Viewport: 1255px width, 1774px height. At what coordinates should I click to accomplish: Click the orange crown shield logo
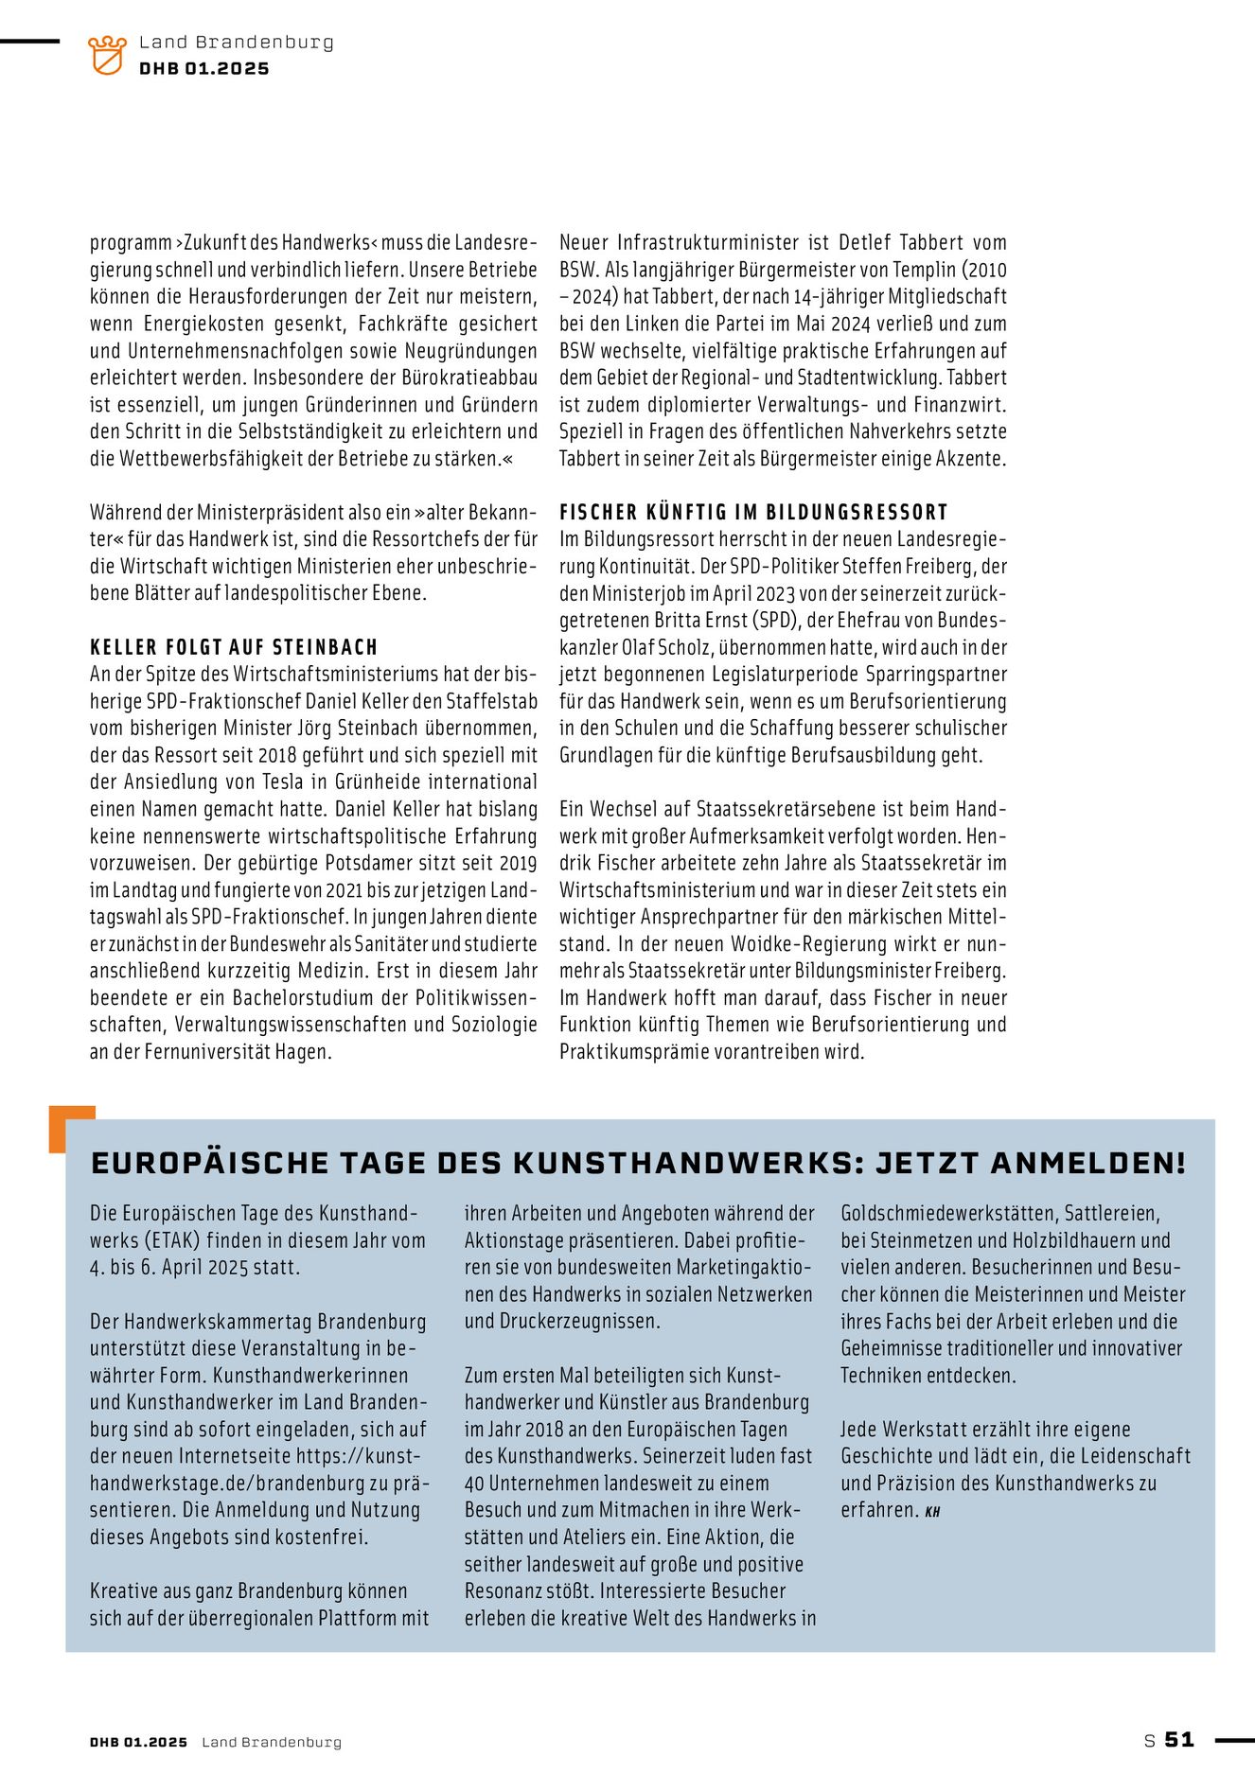pos(107,55)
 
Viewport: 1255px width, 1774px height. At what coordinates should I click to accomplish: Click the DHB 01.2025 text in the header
pos(203,69)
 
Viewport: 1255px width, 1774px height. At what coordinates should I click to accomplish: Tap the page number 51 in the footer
pos(1179,1739)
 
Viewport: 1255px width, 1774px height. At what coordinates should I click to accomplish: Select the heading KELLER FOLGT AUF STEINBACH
pos(234,647)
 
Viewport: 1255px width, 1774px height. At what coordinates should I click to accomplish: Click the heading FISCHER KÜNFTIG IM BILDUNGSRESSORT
pos(753,512)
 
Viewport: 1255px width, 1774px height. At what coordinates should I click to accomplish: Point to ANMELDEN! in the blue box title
pos(1087,1163)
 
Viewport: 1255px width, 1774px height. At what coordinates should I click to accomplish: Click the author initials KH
pos(933,1512)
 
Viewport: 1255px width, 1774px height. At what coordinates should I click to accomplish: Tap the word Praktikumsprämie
pos(640,1051)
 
